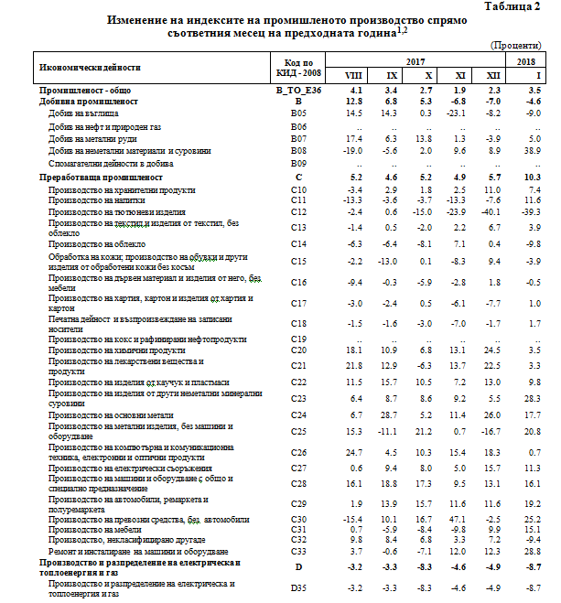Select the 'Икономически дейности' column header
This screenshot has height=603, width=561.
pyautogui.click(x=90, y=67)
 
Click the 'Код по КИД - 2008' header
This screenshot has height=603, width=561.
pyautogui.click(x=297, y=67)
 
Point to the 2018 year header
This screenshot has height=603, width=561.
pyautogui.click(x=524, y=60)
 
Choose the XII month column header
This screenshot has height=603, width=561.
pyautogui.click(x=493, y=74)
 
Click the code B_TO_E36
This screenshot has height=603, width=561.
pyautogui.click(x=297, y=92)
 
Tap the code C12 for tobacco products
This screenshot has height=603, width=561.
pyautogui.click(x=297, y=211)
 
